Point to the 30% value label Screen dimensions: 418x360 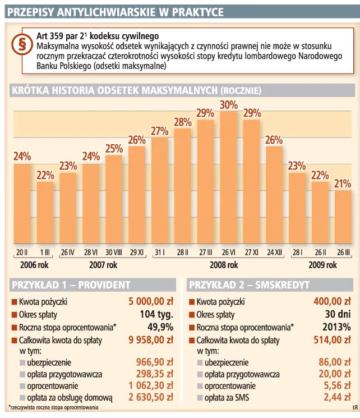point(228,104)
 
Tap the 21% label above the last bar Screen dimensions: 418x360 point(343,183)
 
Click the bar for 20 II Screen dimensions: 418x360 point(22,205)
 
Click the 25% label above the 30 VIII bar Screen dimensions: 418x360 point(114,149)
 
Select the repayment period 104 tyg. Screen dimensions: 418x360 point(156,315)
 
